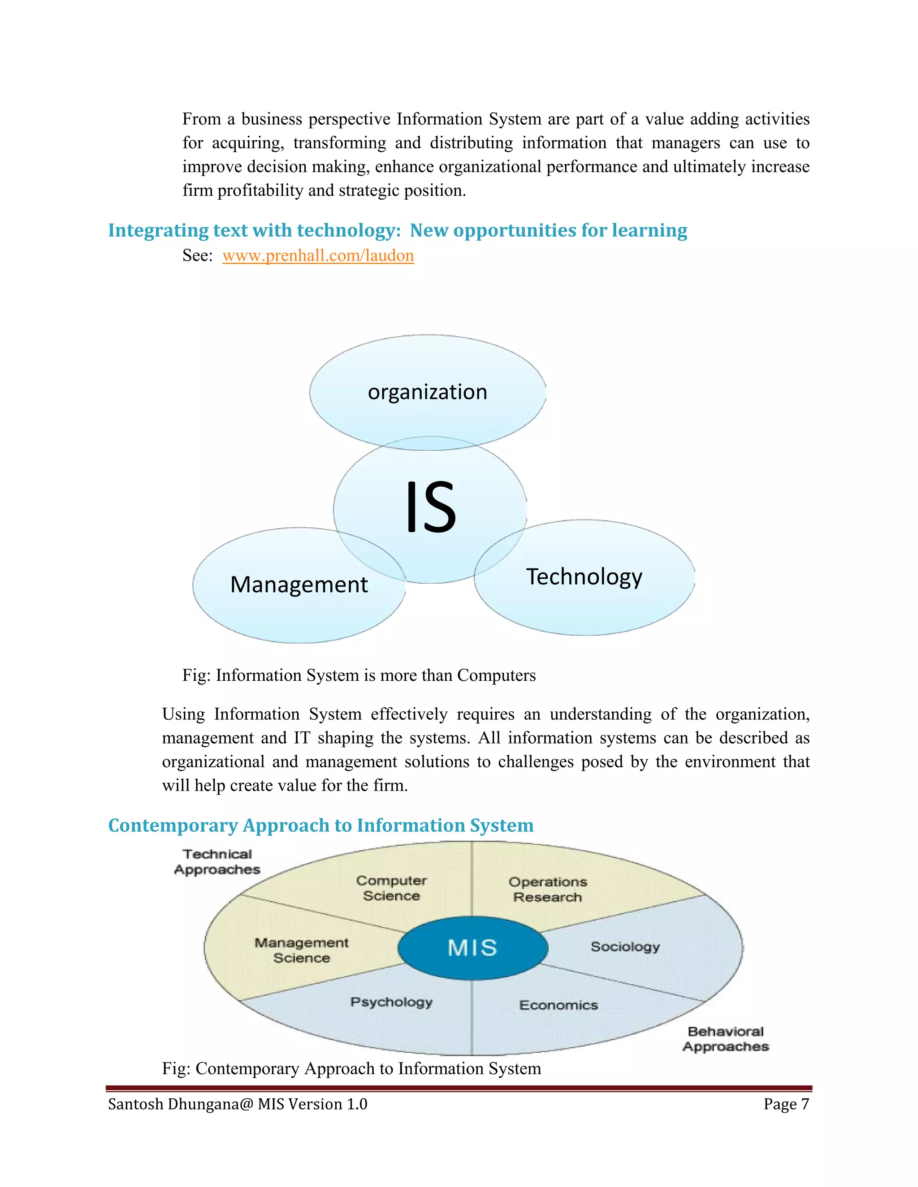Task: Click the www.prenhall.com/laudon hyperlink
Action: (318, 255)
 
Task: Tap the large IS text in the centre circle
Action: (431, 507)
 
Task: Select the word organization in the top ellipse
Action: (428, 392)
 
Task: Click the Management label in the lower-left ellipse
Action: (299, 585)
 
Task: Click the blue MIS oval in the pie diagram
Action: (472, 948)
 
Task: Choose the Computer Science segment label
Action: (392, 888)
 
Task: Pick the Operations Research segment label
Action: (548, 889)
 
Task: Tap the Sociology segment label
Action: (625, 947)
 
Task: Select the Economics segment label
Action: (559, 1006)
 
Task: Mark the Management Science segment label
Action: (301, 950)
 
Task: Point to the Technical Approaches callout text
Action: (217, 862)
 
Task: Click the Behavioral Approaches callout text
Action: (726, 1039)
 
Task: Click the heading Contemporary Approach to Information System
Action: (321, 826)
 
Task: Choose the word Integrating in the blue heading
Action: (158, 230)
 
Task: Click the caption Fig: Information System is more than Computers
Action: (359, 675)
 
